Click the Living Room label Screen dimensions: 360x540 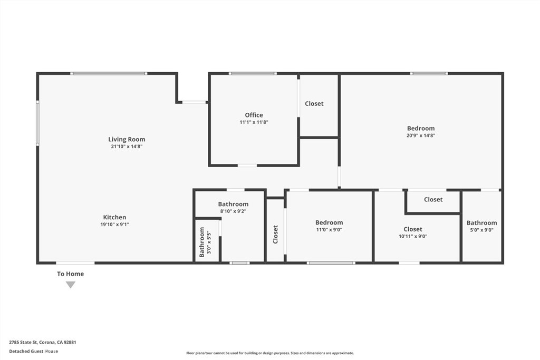point(127,140)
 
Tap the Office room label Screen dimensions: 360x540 point(254,115)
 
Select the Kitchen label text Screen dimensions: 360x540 point(114,217)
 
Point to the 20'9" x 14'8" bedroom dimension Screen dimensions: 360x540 point(421,135)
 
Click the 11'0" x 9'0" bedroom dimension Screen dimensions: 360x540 point(329,230)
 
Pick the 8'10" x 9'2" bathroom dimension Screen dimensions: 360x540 point(233,211)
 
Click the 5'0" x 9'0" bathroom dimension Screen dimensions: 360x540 point(481,230)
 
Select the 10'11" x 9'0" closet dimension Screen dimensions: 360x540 point(413,237)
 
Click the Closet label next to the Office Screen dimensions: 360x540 point(314,104)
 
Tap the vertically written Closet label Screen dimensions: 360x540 point(275,235)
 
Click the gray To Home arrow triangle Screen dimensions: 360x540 point(70,285)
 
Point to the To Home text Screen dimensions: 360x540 point(70,274)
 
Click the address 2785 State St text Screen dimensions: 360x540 point(43,342)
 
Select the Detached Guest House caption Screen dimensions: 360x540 point(34,351)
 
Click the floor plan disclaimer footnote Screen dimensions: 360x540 point(269,353)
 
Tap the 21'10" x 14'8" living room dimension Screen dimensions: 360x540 point(127,147)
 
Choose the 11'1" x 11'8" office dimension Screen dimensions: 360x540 point(254,122)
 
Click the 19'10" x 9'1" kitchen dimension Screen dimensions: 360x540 point(114,224)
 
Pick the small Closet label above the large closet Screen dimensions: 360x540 point(433,200)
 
